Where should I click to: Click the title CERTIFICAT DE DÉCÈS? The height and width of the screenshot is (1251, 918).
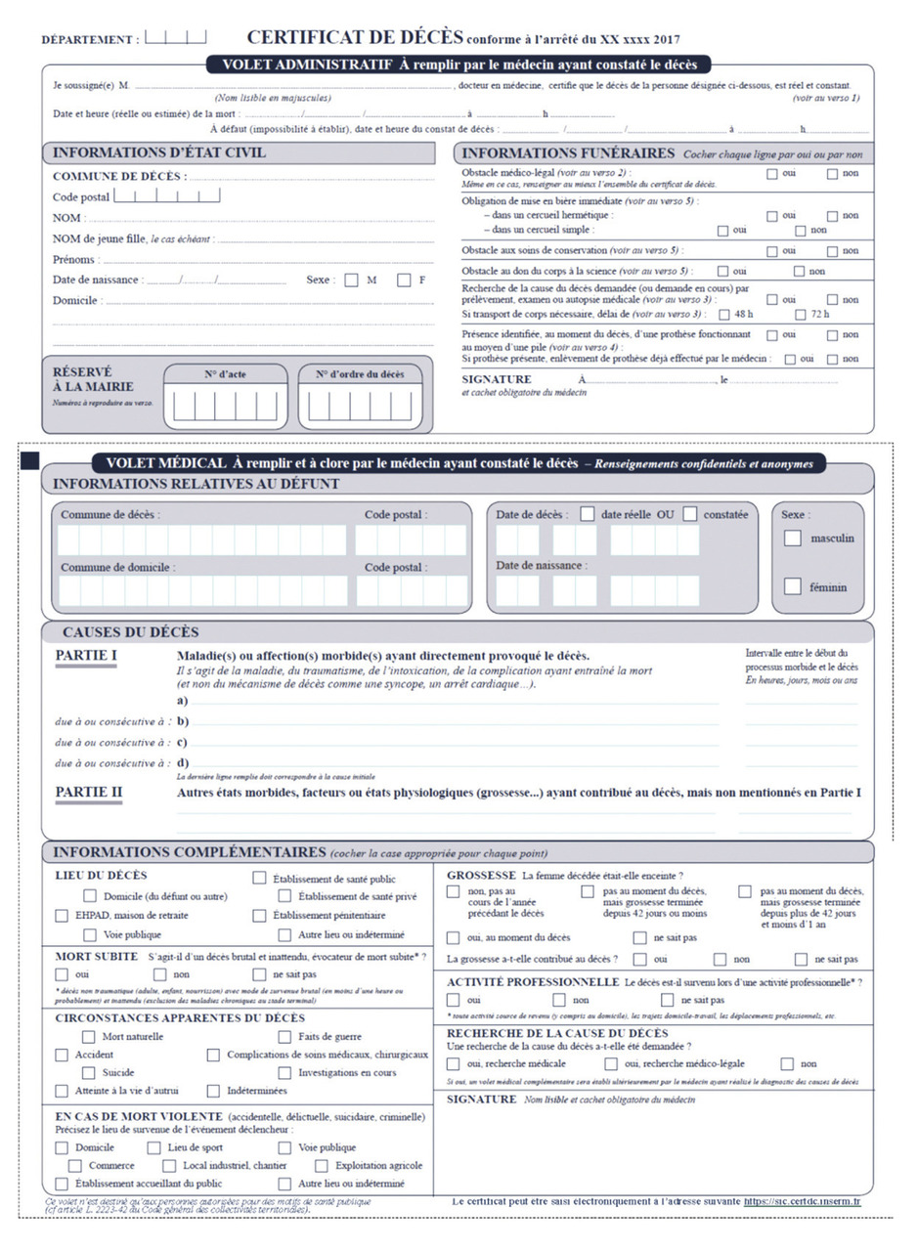354,38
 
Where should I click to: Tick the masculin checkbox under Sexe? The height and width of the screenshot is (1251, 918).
793,538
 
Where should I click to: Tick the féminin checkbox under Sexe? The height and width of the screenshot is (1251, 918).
793,586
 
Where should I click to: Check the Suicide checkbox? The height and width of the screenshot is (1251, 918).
90,1072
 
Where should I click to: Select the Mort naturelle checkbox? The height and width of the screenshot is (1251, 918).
90,1036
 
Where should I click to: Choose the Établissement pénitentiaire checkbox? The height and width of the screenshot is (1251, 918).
259,915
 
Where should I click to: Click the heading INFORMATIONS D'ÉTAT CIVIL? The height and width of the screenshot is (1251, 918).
158,153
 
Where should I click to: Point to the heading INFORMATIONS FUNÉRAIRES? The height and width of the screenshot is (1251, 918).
567,153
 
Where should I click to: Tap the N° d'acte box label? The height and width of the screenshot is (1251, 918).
225,373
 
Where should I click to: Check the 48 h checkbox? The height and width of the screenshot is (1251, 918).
724,315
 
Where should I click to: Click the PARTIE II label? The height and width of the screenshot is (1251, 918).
87,791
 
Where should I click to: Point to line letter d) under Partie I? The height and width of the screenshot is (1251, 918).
183,762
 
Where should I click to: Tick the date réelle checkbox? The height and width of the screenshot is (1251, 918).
588,513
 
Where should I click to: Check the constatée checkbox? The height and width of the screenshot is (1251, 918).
690,513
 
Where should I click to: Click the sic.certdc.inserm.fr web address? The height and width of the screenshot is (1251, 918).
801,1200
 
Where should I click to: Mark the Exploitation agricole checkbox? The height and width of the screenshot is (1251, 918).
322,1165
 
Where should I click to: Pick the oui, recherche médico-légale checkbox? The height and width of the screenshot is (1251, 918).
611,1063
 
